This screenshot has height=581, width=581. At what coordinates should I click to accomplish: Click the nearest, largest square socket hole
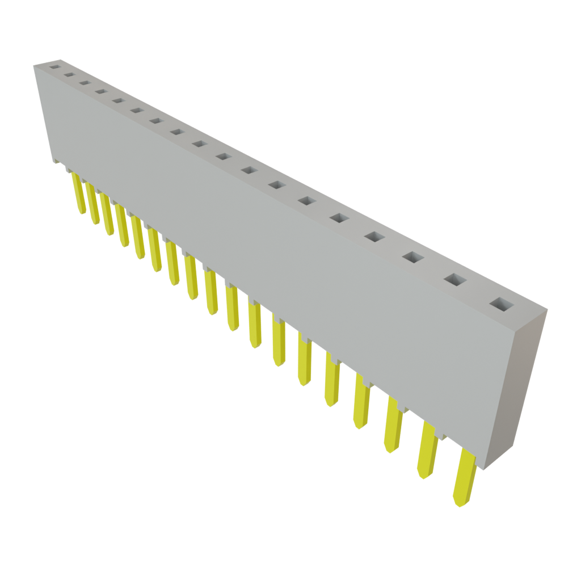pos(500,305)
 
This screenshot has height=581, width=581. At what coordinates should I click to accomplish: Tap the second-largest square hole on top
pos(455,279)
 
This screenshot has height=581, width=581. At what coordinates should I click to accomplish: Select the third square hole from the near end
pos(414,258)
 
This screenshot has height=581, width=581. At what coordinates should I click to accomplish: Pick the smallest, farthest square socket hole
pos(54,66)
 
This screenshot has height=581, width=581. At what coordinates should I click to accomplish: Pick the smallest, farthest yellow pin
pos(78,193)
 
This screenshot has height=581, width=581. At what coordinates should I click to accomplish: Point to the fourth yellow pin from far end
pos(123,226)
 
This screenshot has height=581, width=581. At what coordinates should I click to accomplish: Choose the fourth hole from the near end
pos(374,237)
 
